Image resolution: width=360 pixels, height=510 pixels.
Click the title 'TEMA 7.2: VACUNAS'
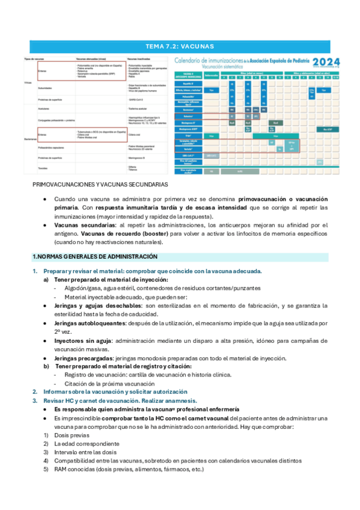[180, 46]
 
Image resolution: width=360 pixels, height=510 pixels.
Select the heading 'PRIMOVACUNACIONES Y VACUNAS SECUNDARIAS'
[100, 184]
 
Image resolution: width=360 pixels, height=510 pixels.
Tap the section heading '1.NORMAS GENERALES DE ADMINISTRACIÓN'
[94, 257]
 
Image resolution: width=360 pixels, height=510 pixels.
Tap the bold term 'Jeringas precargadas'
[83, 358]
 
